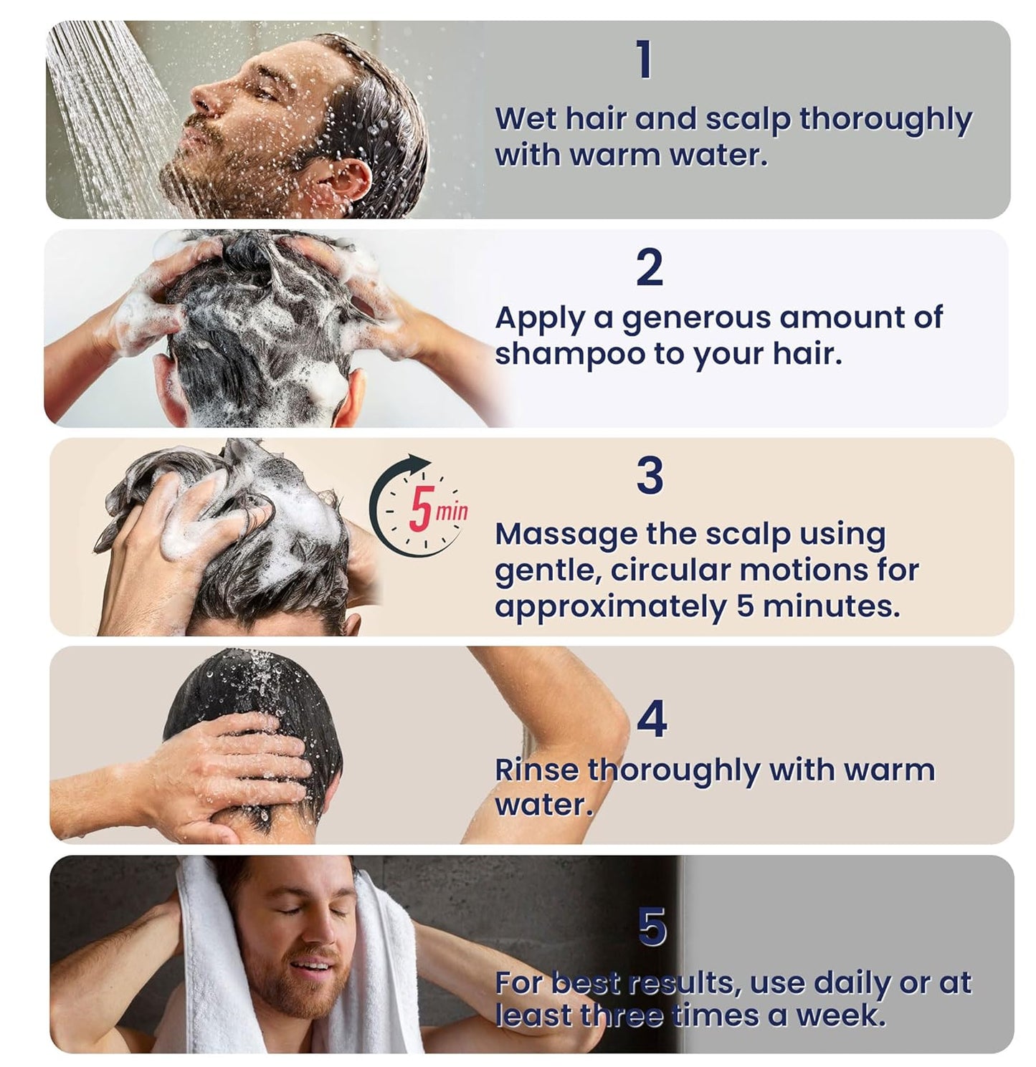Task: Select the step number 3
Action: [x=650, y=476]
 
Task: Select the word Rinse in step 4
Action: [x=536, y=770]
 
